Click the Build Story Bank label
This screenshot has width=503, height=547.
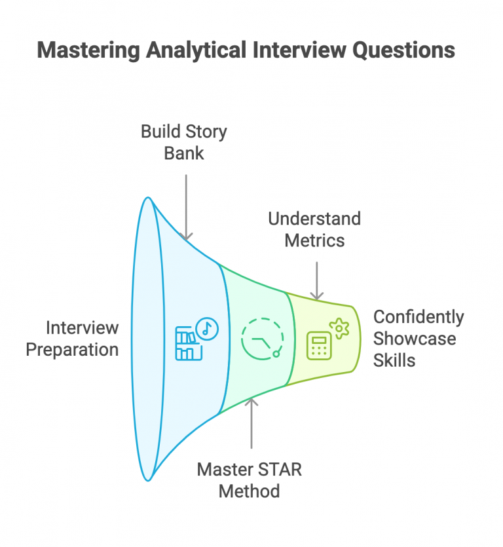[184, 142]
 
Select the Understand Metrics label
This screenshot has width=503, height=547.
[314, 229]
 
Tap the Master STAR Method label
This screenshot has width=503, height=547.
[249, 480]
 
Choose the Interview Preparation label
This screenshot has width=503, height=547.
[72, 338]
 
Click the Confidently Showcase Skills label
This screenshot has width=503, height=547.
[418, 338]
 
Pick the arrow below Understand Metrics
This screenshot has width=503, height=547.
[317, 280]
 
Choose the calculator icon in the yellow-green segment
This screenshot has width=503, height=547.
[319, 345]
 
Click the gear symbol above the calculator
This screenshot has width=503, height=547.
[339, 328]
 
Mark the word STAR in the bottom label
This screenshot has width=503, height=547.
[274, 469]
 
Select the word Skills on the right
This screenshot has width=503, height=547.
[394, 360]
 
